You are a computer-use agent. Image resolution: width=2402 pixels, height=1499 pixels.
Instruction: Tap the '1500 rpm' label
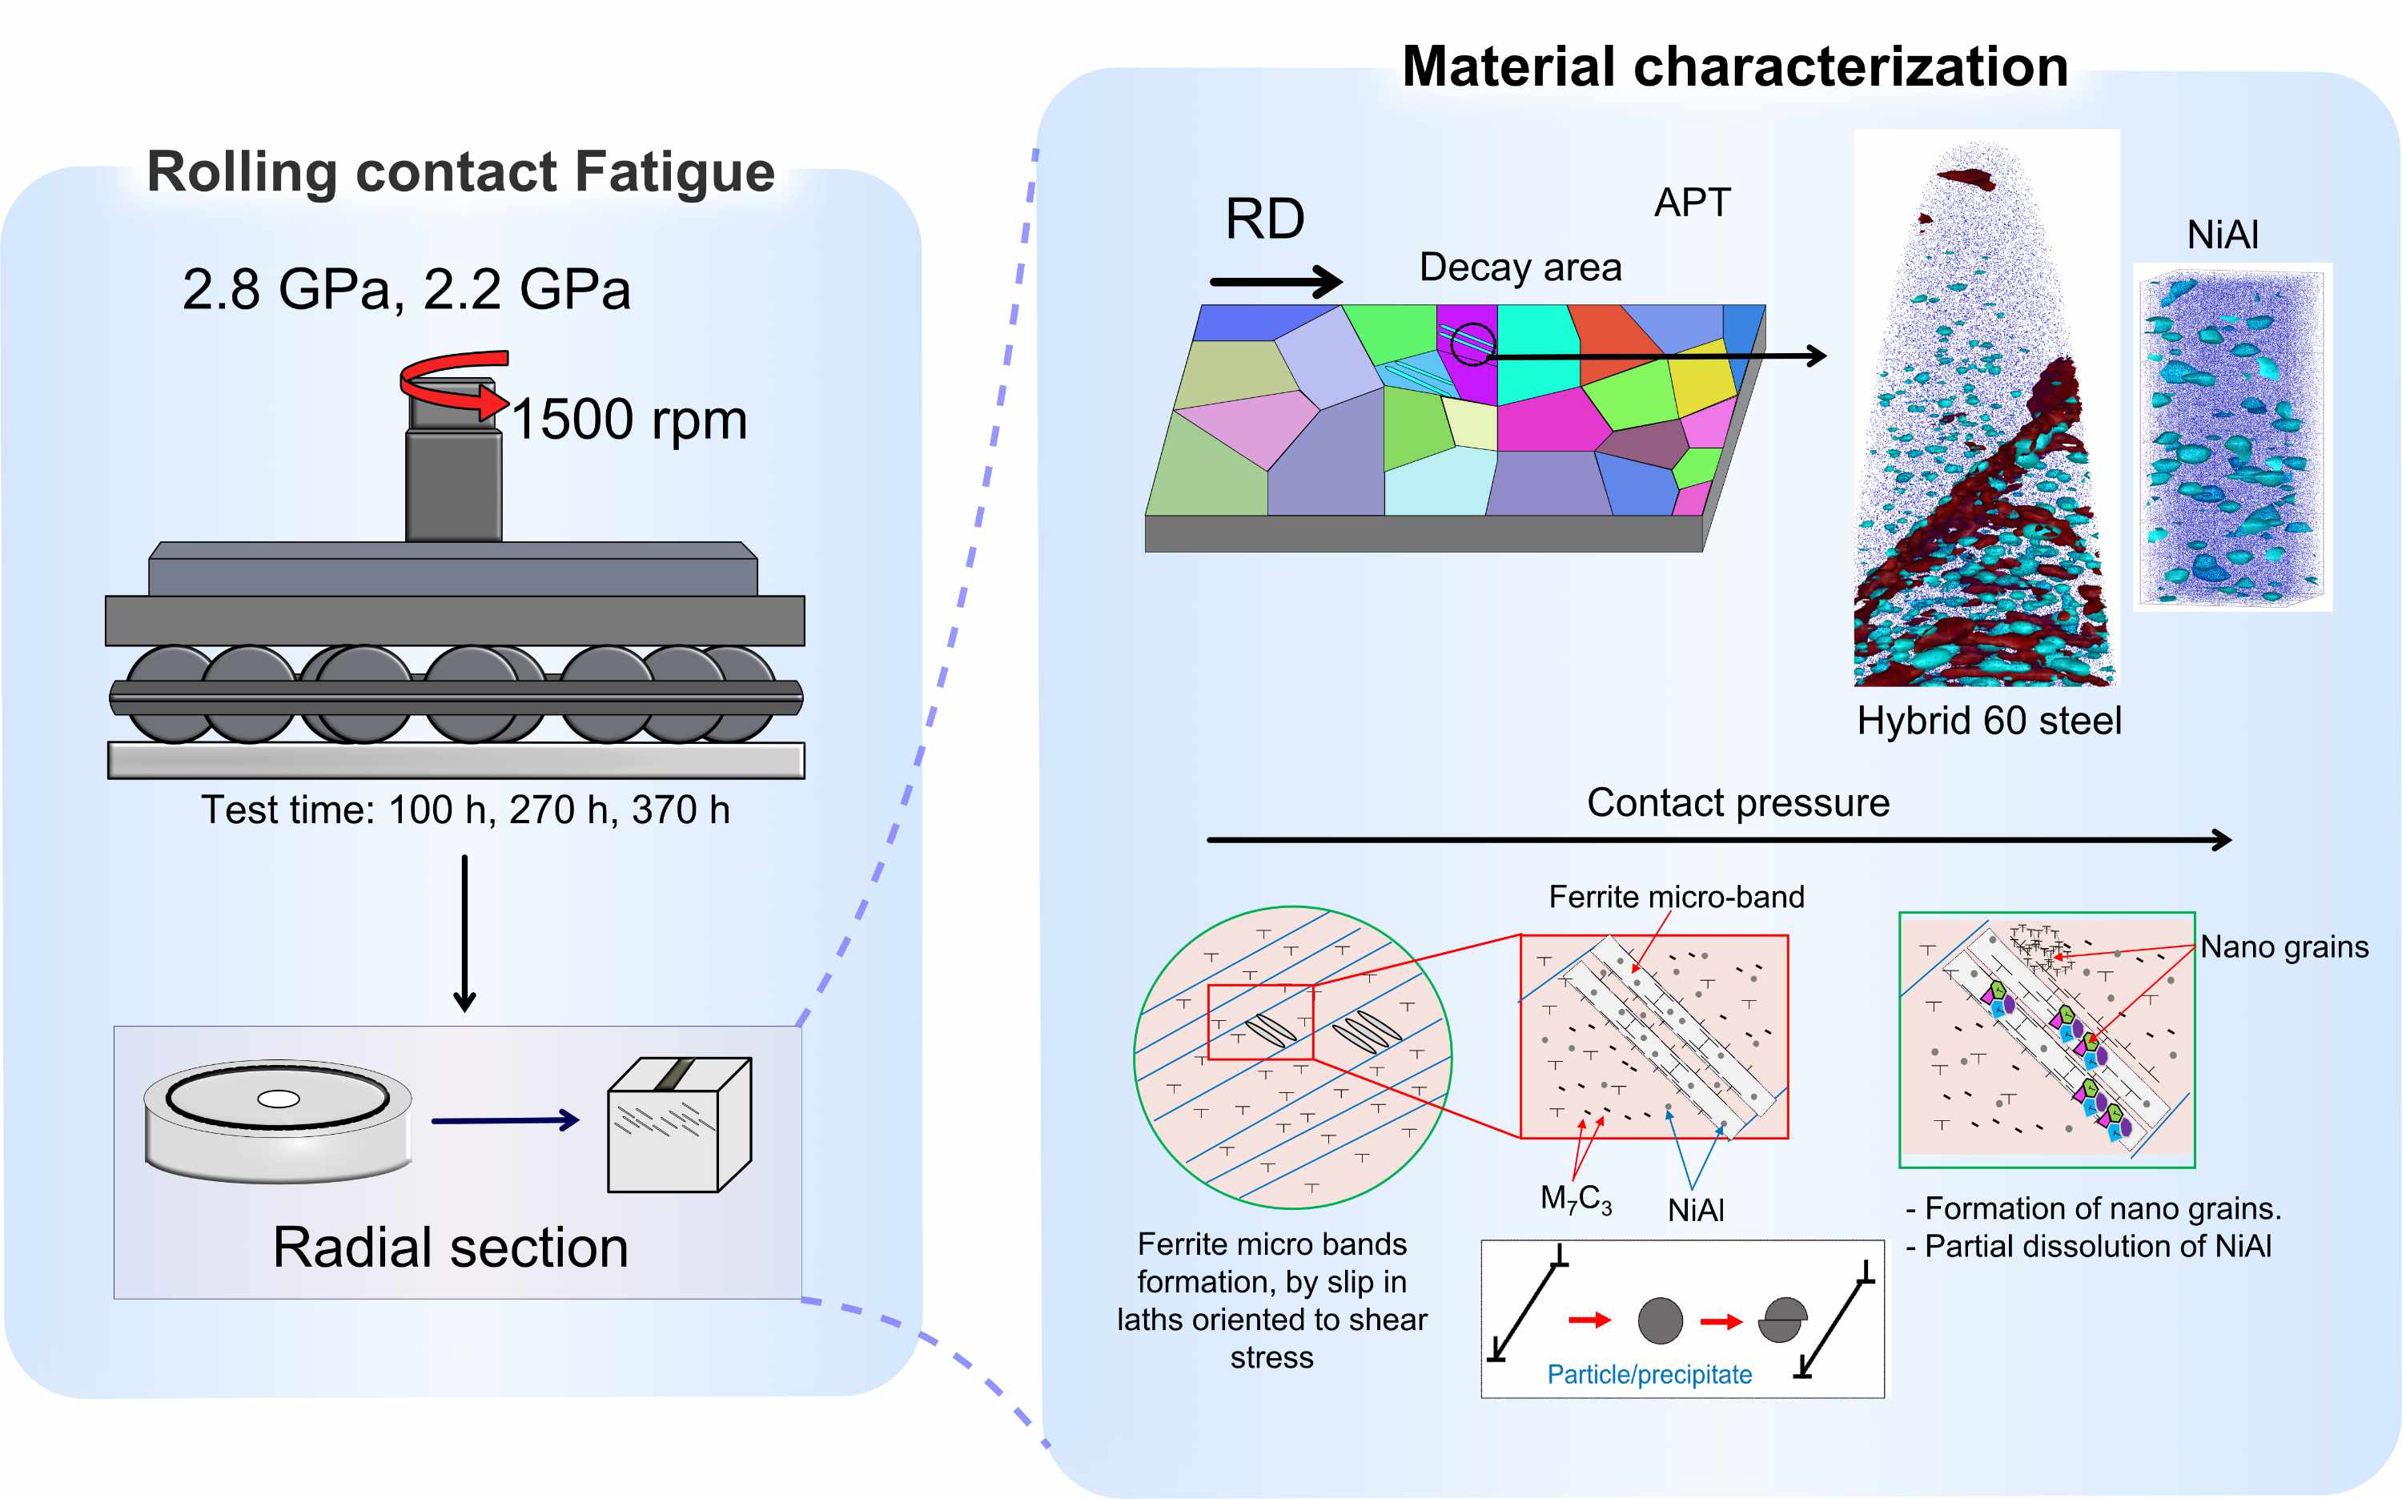pyautogui.click(x=629, y=420)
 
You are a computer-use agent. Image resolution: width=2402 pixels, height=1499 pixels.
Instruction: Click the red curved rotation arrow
pyautogui.click(x=454, y=382)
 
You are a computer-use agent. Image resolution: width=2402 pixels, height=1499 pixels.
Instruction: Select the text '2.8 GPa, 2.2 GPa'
pyautogui.click(x=407, y=290)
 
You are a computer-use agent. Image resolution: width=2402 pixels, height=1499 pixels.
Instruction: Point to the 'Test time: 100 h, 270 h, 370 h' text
pyautogui.click(x=465, y=810)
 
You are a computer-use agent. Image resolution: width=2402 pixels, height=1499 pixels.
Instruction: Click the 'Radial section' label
pyautogui.click(x=450, y=1248)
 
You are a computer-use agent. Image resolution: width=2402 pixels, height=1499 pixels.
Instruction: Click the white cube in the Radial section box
pyautogui.click(x=678, y=1125)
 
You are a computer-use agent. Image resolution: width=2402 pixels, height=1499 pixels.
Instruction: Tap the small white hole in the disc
pyautogui.click(x=278, y=1099)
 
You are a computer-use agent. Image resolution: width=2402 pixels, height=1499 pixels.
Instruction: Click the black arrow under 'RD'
pyautogui.click(x=1275, y=282)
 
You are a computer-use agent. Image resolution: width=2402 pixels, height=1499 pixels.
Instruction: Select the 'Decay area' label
pyautogui.click(x=1520, y=267)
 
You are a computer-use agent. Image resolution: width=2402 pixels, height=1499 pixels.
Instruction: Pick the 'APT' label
pyautogui.click(x=1691, y=203)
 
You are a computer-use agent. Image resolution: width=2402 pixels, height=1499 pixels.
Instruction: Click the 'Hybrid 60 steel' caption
pyautogui.click(x=1989, y=721)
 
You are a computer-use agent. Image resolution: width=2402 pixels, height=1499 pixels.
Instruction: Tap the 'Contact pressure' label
pyautogui.click(x=1737, y=803)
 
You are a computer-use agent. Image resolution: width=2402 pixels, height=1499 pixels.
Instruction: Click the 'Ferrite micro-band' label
pyautogui.click(x=1675, y=897)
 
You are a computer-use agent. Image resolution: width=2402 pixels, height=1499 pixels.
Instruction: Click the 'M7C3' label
pyautogui.click(x=1575, y=1199)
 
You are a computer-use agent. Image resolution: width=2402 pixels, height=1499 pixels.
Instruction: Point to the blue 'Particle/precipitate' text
pyautogui.click(x=1649, y=1375)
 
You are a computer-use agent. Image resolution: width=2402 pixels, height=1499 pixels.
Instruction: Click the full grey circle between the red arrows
pyautogui.click(x=1660, y=1320)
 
